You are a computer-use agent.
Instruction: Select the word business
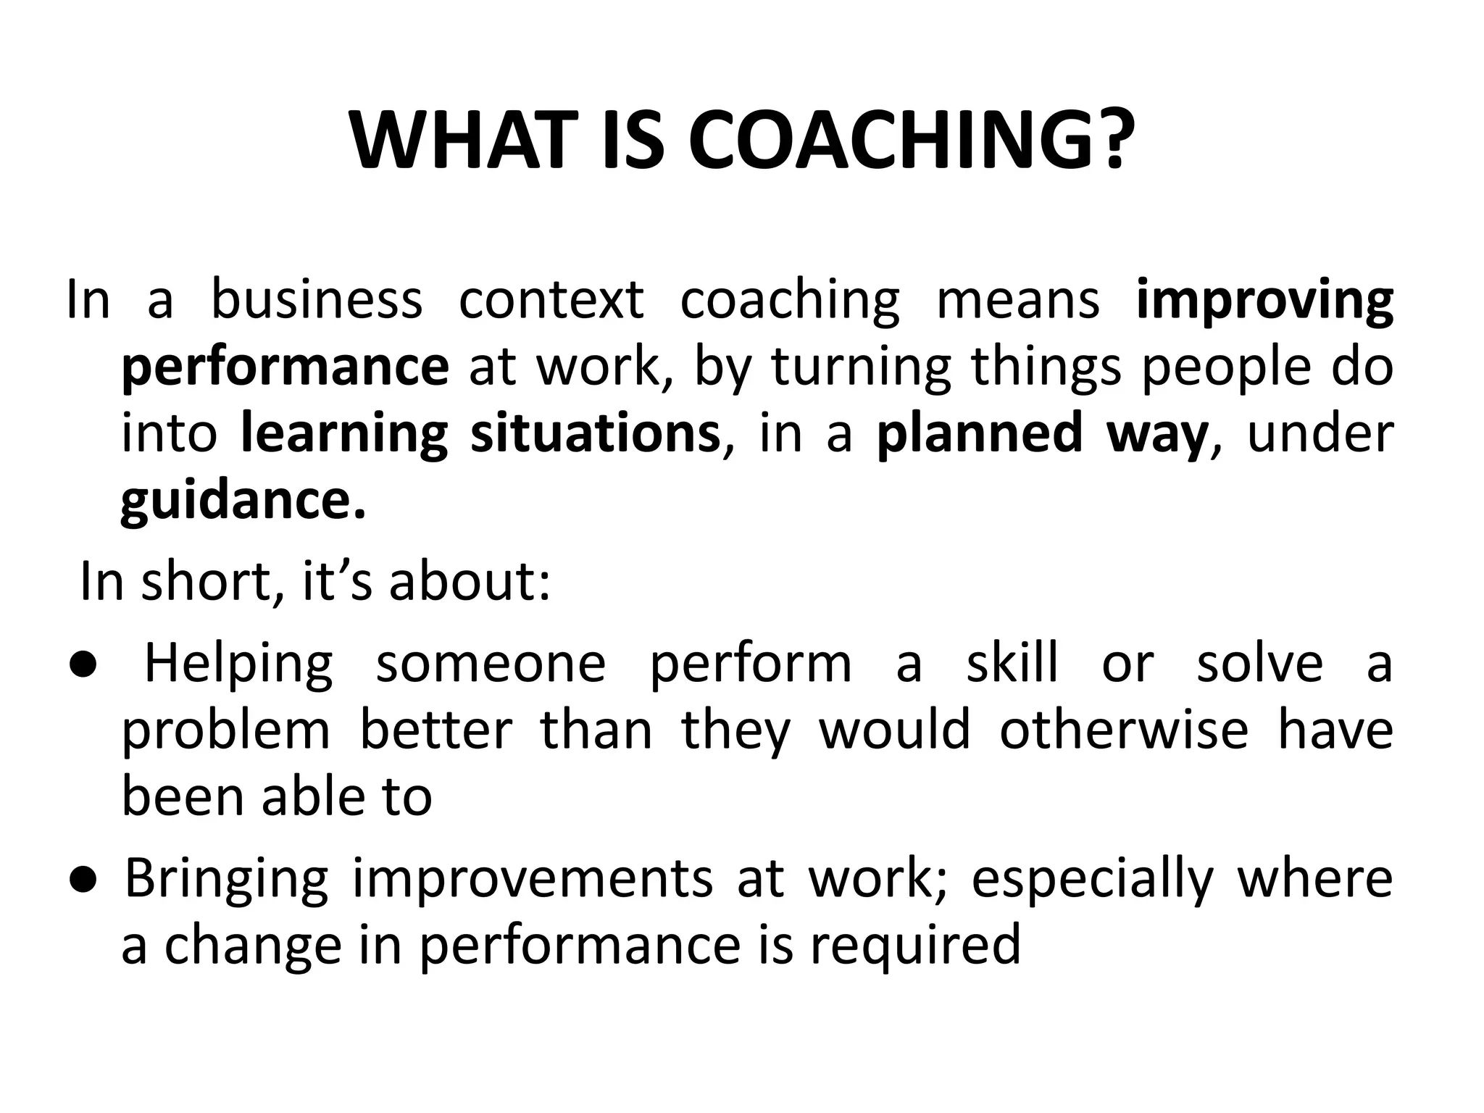click(x=317, y=299)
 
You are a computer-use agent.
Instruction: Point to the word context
click(x=551, y=299)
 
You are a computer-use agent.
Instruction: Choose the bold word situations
click(x=595, y=433)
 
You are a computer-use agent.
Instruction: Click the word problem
click(x=225, y=730)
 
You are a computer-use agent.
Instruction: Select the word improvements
click(x=533, y=878)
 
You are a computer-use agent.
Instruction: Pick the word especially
click(x=1092, y=879)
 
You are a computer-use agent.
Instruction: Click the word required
click(x=915, y=945)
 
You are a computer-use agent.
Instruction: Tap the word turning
click(x=861, y=367)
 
